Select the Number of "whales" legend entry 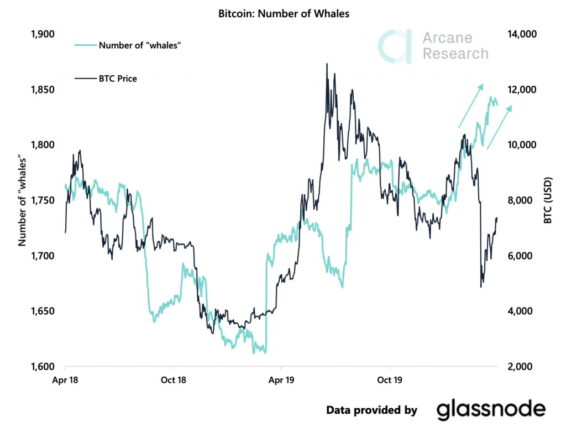pos(140,45)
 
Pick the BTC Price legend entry pos(117,79)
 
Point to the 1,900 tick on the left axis pos(43,34)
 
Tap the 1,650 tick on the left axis pos(43,311)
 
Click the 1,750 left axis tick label pos(43,200)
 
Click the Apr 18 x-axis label pos(65,381)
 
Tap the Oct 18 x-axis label pos(174,381)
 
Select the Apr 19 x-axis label pos(281,381)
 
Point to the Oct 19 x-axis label pos(390,381)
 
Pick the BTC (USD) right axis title pos(548,200)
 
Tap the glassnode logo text pos(491,409)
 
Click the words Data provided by pos(371,410)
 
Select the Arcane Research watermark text pos(455,46)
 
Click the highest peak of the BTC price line pos(327,64)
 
